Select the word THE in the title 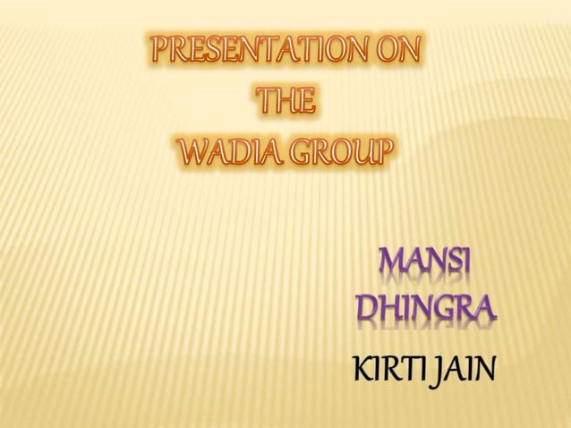285,104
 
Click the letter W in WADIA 193,153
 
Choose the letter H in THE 285,104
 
